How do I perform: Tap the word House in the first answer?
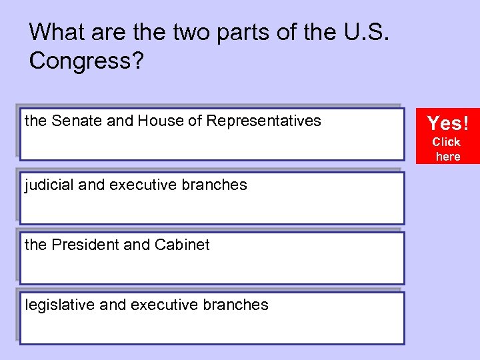tap(158, 121)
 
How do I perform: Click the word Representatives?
tap(263, 121)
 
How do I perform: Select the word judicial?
tap(49, 185)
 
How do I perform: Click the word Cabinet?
tap(182, 245)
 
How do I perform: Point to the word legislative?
tap(57, 305)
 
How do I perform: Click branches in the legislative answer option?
tap(234, 305)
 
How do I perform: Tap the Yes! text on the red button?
tap(447, 123)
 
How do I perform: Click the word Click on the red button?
tap(447, 142)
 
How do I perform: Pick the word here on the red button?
tap(447, 157)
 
